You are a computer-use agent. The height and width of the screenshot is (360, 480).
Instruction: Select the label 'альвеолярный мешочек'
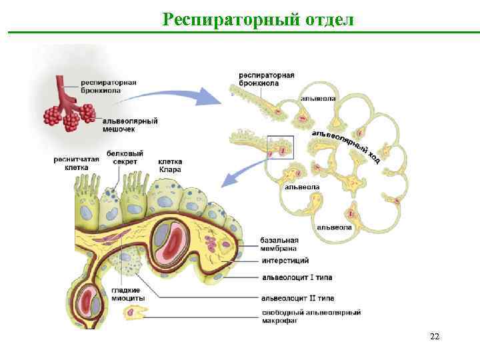[x=129, y=125]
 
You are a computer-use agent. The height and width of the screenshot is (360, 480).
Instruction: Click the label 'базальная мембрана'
[x=280, y=244]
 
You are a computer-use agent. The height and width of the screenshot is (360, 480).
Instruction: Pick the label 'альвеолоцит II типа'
[x=298, y=298]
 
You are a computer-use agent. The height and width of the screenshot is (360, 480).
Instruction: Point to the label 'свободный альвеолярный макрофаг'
[x=311, y=316]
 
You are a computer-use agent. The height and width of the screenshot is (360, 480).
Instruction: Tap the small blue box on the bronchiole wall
[x=280, y=147]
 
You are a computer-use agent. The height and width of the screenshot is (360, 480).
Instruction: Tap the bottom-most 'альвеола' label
[x=334, y=227]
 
